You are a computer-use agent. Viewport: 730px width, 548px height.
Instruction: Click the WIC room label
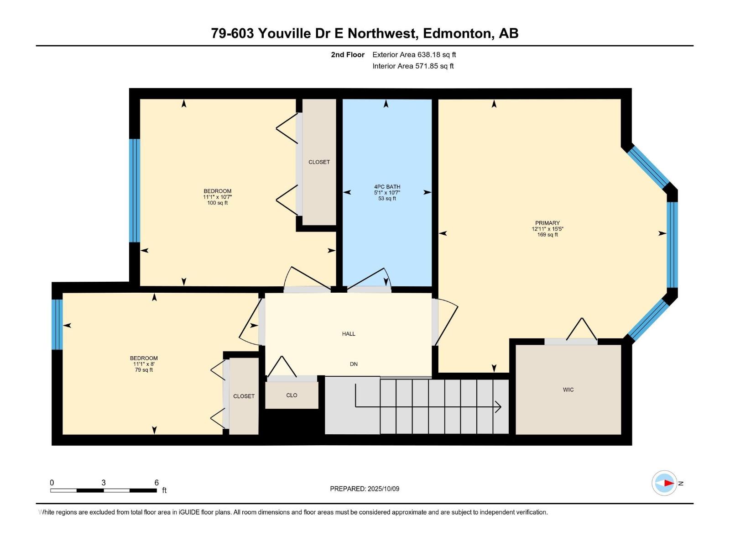(568, 390)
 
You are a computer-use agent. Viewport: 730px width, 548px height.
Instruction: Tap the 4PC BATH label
(387, 187)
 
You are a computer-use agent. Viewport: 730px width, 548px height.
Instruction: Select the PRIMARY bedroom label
(547, 223)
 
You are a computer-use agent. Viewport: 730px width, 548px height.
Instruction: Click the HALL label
(349, 334)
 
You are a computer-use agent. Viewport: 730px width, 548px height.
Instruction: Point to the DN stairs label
(354, 364)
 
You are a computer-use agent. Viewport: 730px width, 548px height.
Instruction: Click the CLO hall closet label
(292, 395)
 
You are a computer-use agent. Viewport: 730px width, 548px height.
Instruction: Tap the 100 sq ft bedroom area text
(218, 203)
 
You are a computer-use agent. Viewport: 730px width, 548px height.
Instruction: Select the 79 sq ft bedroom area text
(144, 369)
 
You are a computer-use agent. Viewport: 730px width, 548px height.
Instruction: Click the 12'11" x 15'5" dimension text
(547, 229)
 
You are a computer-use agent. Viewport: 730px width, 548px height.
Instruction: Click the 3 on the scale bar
(104, 482)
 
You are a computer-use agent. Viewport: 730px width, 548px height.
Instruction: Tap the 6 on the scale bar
(156, 482)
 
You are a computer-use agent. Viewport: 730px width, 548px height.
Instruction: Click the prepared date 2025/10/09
(383, 489)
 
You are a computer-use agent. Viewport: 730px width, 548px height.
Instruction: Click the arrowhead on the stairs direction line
(498, 406)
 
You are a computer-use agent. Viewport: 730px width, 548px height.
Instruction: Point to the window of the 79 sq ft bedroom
(57, 324)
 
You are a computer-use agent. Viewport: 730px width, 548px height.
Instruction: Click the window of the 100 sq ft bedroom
(135, 190)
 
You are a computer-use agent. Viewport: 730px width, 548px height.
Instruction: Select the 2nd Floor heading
(348, 54)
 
